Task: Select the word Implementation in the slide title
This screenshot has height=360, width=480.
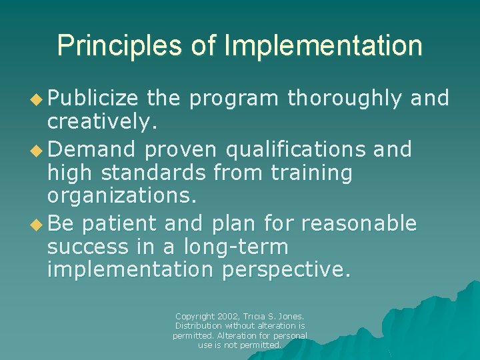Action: (x=324, y=46)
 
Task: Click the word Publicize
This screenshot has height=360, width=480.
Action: (x=93, y=99)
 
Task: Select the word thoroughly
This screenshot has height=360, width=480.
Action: (x=345, y=99)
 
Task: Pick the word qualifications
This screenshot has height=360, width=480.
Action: (x=296, y=149)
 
